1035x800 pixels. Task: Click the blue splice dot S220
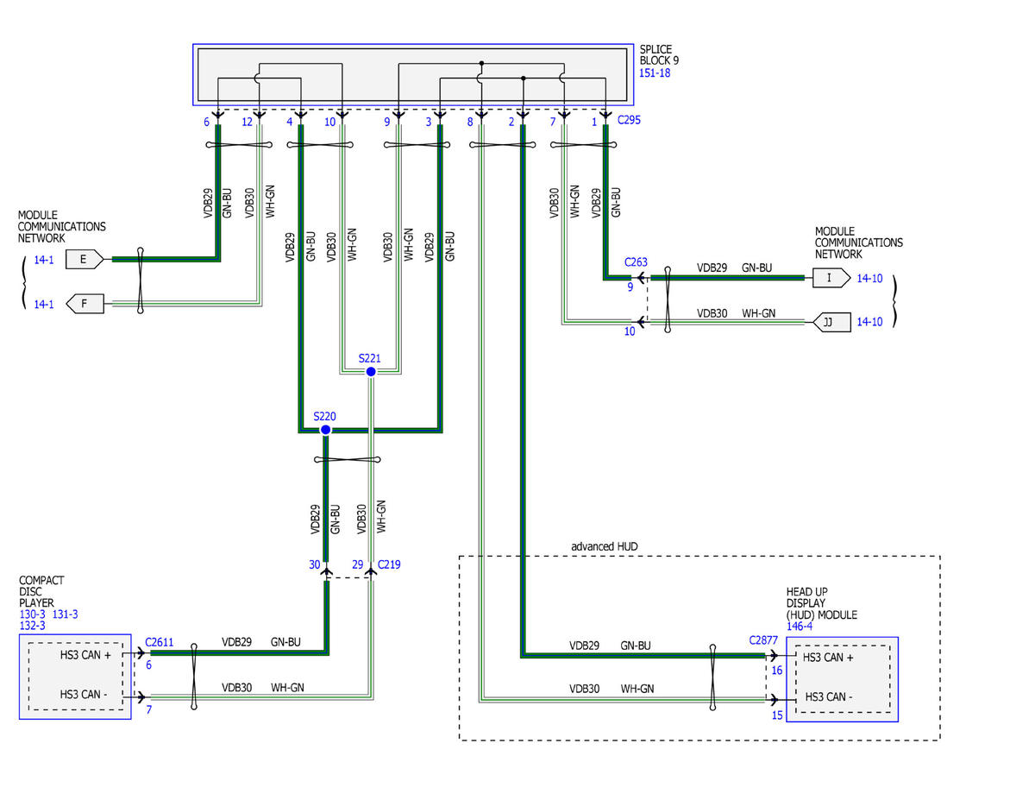click(x=325, y=430)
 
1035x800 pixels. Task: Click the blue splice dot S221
click(x=371, y=372)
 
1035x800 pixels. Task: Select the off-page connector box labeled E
click(x=85, y=259)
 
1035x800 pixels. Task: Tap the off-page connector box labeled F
click(x=85, y=304)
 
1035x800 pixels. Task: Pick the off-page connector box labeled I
click(x=831, y=278)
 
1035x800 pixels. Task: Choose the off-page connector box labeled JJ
click(x=831, y=322)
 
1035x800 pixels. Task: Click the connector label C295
click(x=629, y=120)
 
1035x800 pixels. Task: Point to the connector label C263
click(x=636, y=262)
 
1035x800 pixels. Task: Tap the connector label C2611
click(x=159, y=642)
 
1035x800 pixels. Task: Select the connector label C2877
click(x=763, y=640)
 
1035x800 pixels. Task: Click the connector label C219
click(x=389, y=564)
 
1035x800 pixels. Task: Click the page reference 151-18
click(x=655, y=72)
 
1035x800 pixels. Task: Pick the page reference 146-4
click(x=800, y=626)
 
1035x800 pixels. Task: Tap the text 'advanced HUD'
click(x=604, y=546)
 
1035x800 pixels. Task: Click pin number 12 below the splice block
click(x=247, y=122)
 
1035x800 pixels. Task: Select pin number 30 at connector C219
click(x=314, y=564)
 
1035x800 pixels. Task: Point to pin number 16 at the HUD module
click(x=777, y=671)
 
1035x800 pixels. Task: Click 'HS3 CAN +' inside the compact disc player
click(x=85, y=655)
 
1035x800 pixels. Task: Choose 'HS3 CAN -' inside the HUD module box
click(x=828, y=696)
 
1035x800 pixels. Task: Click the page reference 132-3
click(x=33, y=625)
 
